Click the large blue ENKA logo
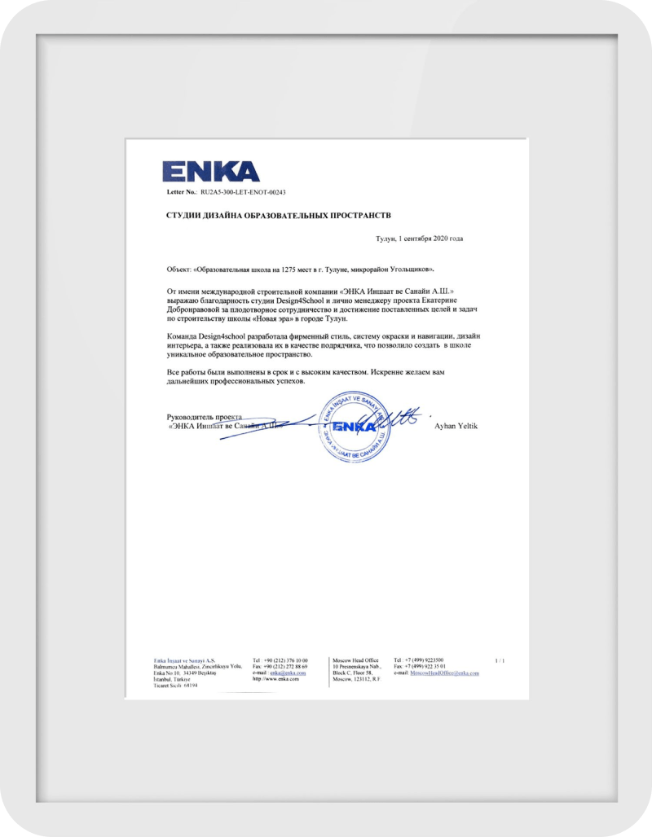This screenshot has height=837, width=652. pos(210,171)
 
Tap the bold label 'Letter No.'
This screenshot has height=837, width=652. pos(182,192)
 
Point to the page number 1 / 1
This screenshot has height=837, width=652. pos(500,660)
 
